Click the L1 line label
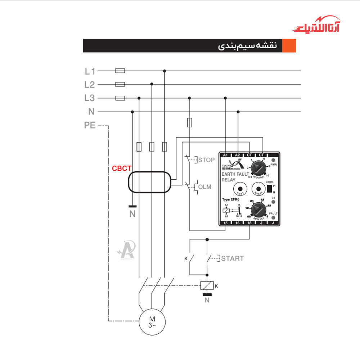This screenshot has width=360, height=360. tap(90, 71)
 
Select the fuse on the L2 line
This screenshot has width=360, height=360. tap(120, 85)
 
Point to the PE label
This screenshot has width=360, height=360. tap(90, 126)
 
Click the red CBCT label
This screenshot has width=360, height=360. tap(122, 168)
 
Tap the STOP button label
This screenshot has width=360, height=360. tap(206, 160)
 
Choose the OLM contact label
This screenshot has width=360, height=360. tap(204, 187)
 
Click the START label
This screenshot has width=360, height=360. tap(232, 258)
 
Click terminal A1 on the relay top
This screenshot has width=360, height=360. tap(226, 155)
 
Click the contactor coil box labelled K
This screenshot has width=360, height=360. tap(207, 285)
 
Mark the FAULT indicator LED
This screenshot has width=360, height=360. tap(274, 218)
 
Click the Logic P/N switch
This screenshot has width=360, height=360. tap(269, 189)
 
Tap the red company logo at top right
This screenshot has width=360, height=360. tap(316, 25)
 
